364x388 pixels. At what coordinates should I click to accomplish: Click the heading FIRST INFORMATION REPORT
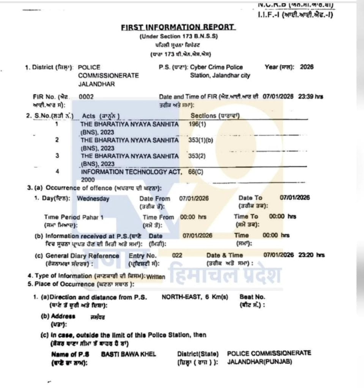[x=178, y=27]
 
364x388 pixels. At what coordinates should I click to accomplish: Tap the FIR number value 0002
[x=86, y=97]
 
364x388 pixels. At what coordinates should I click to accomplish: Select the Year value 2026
[x=307, y=67]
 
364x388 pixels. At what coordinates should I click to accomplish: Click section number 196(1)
[x=197, y=124]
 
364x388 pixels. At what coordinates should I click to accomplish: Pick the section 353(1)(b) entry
[x=201, y=140]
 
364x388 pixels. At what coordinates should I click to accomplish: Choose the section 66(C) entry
[x=196, y=171]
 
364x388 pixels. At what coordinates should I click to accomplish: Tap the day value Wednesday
[x=93, y=199]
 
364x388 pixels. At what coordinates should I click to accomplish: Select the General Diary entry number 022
[x=177, y=255]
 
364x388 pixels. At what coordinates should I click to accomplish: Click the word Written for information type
[x=156, y=277]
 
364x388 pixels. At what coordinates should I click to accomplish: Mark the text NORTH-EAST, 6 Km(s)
[x=195, y=297]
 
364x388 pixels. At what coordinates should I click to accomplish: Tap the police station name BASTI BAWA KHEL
[x=129, y=354]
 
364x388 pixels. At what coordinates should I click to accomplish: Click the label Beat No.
[x=252, y=297]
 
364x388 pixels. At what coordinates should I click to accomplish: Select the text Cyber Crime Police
[x=216, y=67]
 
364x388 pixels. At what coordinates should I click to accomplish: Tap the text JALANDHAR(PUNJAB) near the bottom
[x=260, y=361]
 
